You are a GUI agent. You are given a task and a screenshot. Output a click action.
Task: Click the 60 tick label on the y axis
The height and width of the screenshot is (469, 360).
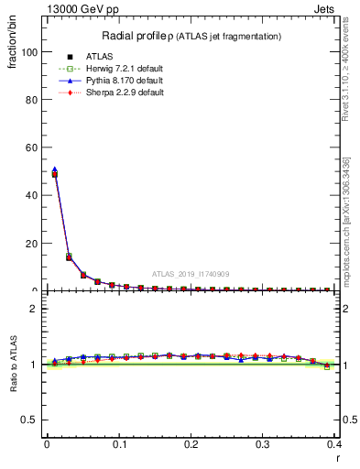click(x=33, y=147)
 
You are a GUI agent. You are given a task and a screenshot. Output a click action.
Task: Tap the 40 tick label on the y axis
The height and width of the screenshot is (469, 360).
click(x=33, y=195)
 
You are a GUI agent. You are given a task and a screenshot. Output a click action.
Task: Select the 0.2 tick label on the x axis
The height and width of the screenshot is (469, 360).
click(x=191, y=444)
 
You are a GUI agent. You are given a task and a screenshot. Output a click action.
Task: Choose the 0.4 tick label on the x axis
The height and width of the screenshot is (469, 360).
click(x=334, y=444)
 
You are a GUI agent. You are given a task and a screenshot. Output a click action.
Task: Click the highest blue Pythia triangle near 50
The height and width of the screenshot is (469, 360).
click(x=54, y=169)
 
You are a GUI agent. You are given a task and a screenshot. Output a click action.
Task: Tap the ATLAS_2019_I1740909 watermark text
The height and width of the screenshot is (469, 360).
click(x=191, y=274)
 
